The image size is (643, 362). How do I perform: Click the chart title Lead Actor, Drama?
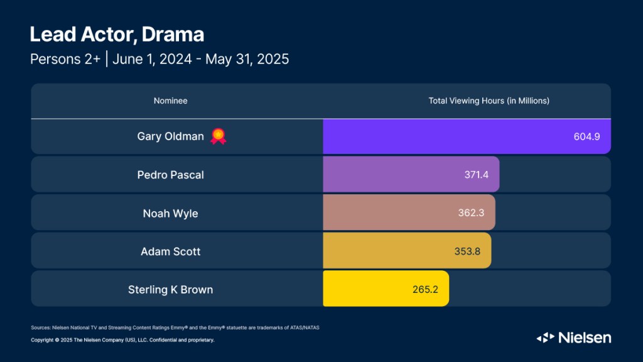(x=117, y=34)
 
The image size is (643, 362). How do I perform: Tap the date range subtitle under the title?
(x=159, y=59)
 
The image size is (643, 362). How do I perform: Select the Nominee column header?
(x=171, y=101)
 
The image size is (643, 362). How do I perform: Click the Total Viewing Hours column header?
(x=489, y=101)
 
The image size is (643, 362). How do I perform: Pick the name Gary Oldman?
(x=171, y=136)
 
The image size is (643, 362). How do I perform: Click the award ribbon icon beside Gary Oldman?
(x=218, y=136)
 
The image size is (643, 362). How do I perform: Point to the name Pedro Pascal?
(x=171, y=175)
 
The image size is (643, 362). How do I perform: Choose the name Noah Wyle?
(x=171, y=213)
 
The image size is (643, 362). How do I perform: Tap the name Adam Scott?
(x=171, y=251)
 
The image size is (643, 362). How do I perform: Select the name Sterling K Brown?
(x=171, y=290)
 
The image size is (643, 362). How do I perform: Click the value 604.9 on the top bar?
(x=587, y=136)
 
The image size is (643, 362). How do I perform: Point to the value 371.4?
(x=475, y=175)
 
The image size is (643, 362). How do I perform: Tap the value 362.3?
(x=471, y=213)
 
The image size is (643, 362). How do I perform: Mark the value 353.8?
(x=467, y=251)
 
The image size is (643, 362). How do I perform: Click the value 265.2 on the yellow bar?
(x=424, y=290)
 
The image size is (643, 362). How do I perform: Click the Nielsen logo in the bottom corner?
(x=573, y=337)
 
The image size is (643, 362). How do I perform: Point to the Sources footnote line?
(x=179, y=327)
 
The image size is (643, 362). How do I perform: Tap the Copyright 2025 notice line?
(x=122, y=340)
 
